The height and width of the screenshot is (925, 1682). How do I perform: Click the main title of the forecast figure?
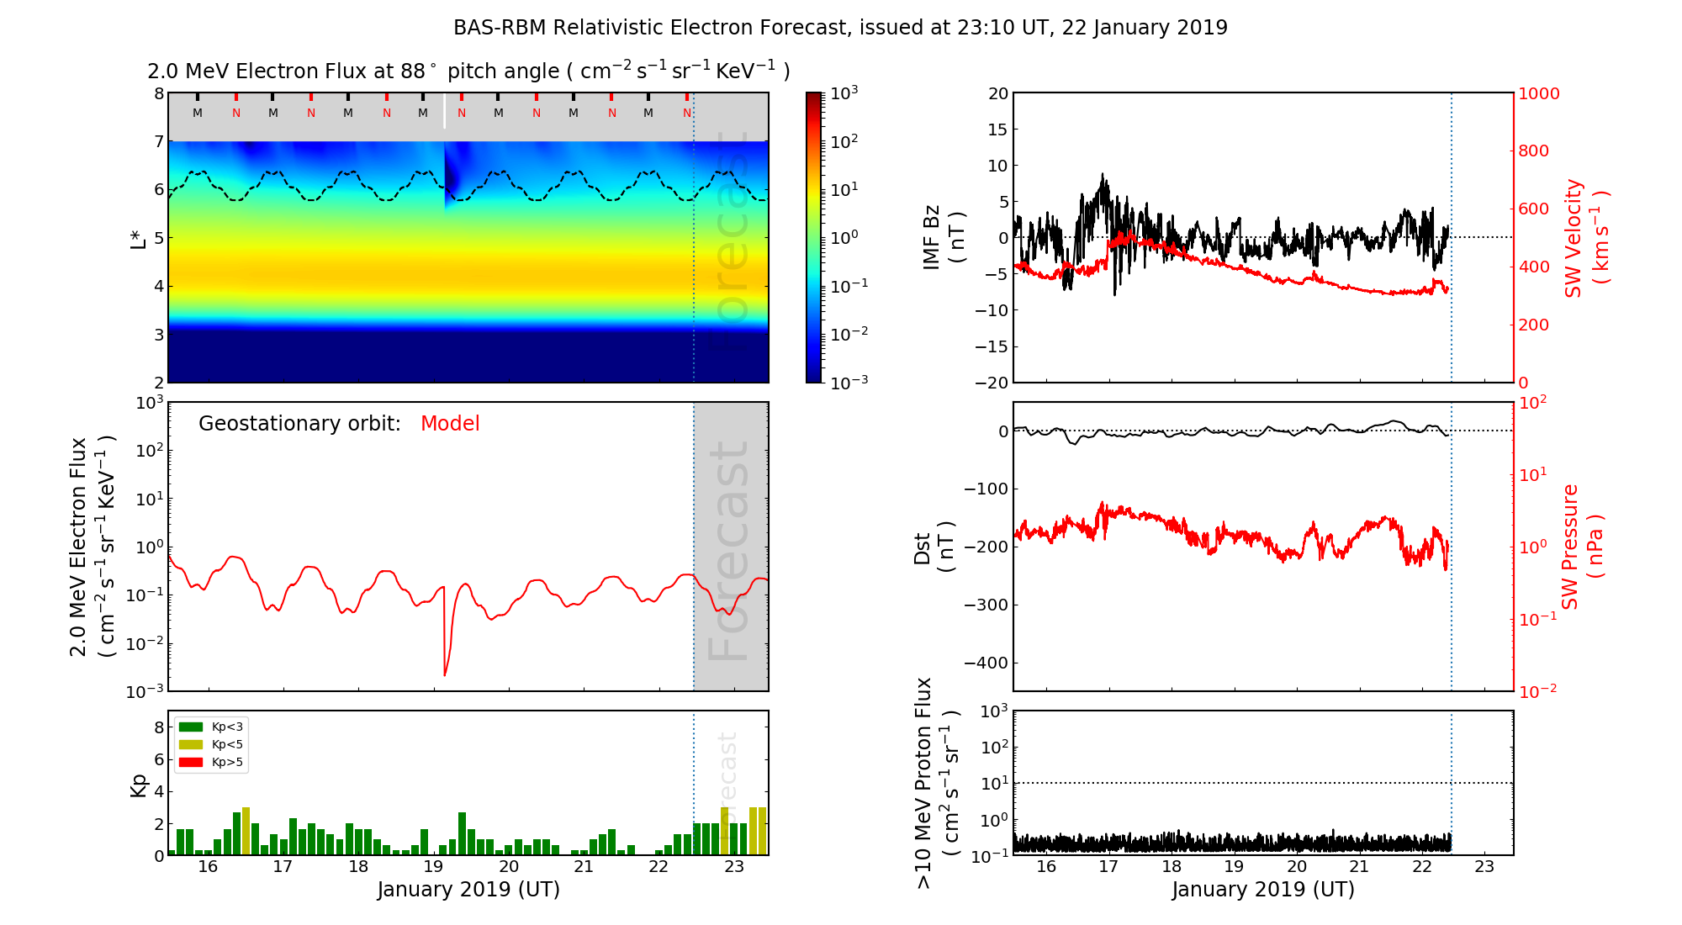pyautogui.click(x=840, y=28)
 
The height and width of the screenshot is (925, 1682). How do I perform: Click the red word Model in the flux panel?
pyautogui.click(x=450, y=424)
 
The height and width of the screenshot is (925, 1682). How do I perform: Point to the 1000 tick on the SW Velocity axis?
pyautogui.click(x=1538, y=93)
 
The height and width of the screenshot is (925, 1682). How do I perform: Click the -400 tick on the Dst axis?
pyautogui.click(x=986, y=663)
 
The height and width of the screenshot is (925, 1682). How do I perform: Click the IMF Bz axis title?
pyautogui.click(x=944, y=238)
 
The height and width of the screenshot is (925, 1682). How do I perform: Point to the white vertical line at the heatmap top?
pyautogui.click(x=445, y=112)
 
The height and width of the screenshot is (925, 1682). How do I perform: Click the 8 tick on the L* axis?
pyautogui.click(x=158, y=93)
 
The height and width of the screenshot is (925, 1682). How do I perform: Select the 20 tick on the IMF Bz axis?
pyautogui.click(x=997, y=93)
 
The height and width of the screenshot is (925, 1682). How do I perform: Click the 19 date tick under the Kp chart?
pyautogui.click(x=433, y=867)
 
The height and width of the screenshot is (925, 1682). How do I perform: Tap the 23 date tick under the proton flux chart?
pyautogui.click(x=1484, y=867)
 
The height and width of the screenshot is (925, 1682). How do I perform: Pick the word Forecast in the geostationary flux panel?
pyautogui.click(x=729, y=551)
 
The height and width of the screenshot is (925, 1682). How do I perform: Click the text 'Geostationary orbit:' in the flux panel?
pyautogui.click(x=299, y=424)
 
